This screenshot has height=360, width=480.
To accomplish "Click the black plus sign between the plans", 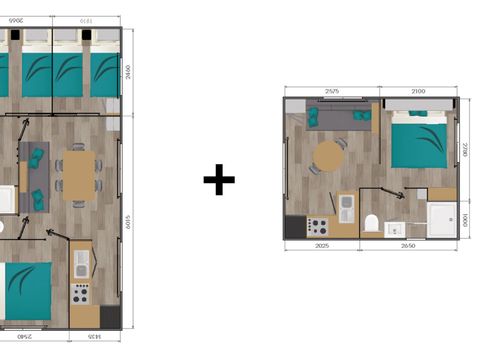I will point(219,181).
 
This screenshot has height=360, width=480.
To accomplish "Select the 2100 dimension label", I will point(419,91).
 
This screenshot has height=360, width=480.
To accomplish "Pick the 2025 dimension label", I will point(321,245).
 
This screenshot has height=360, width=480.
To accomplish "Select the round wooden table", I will point(328,156).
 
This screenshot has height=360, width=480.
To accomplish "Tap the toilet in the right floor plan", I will point(371,223).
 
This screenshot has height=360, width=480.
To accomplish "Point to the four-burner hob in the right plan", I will point(318,225).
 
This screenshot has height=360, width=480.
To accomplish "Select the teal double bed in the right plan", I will point(418,141).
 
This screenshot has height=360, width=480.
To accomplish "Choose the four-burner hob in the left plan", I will point(79,297).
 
